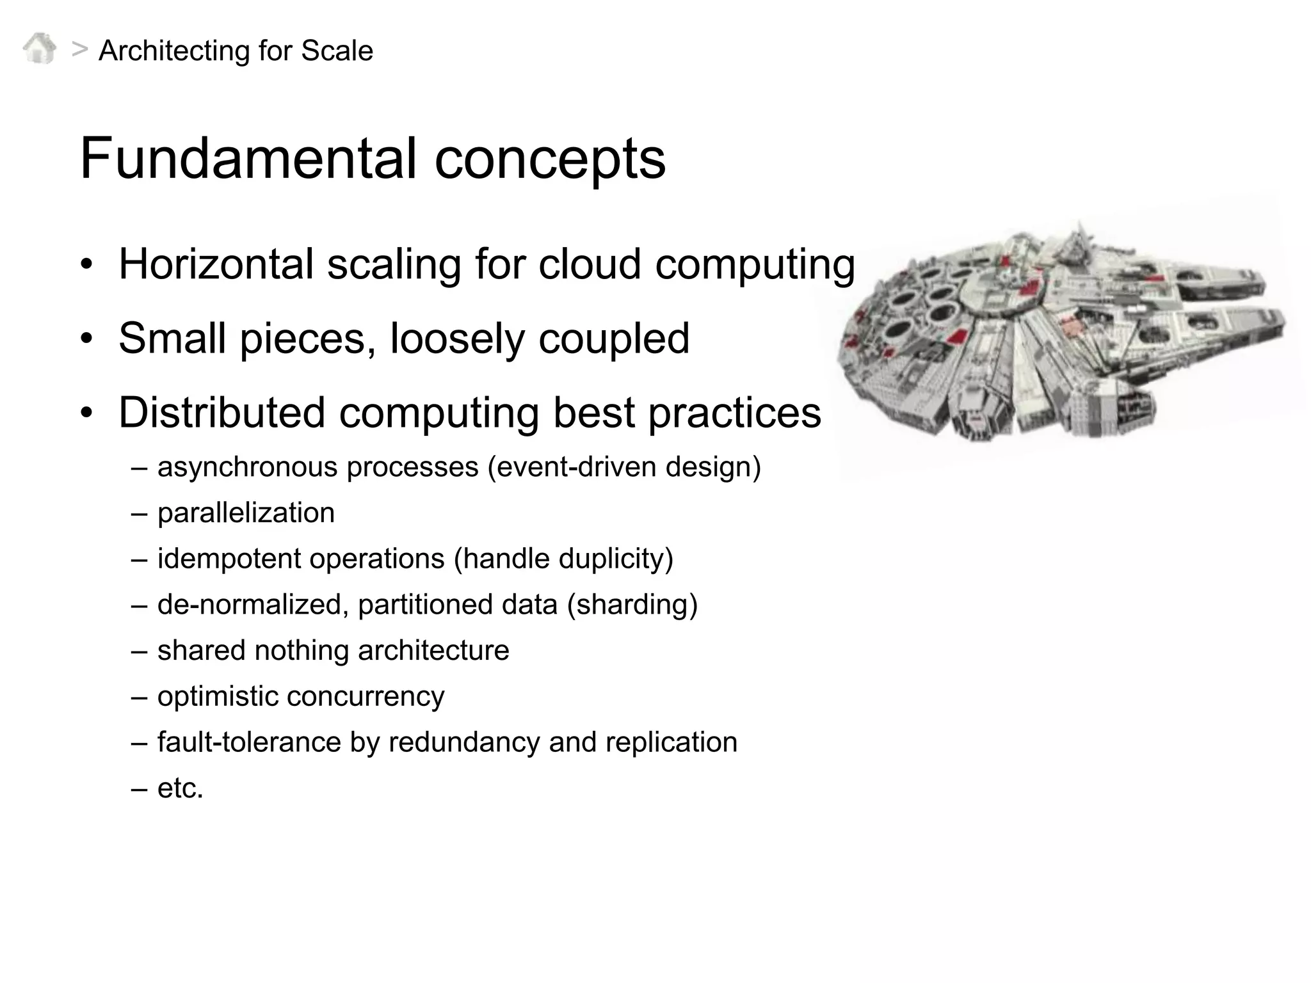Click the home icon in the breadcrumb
[x=40, y=49]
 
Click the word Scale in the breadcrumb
[x=337, y=51]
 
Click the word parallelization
[x=246, y=513]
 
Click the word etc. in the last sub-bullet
[x=180, y=788]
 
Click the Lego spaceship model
[x=1063, y=333]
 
